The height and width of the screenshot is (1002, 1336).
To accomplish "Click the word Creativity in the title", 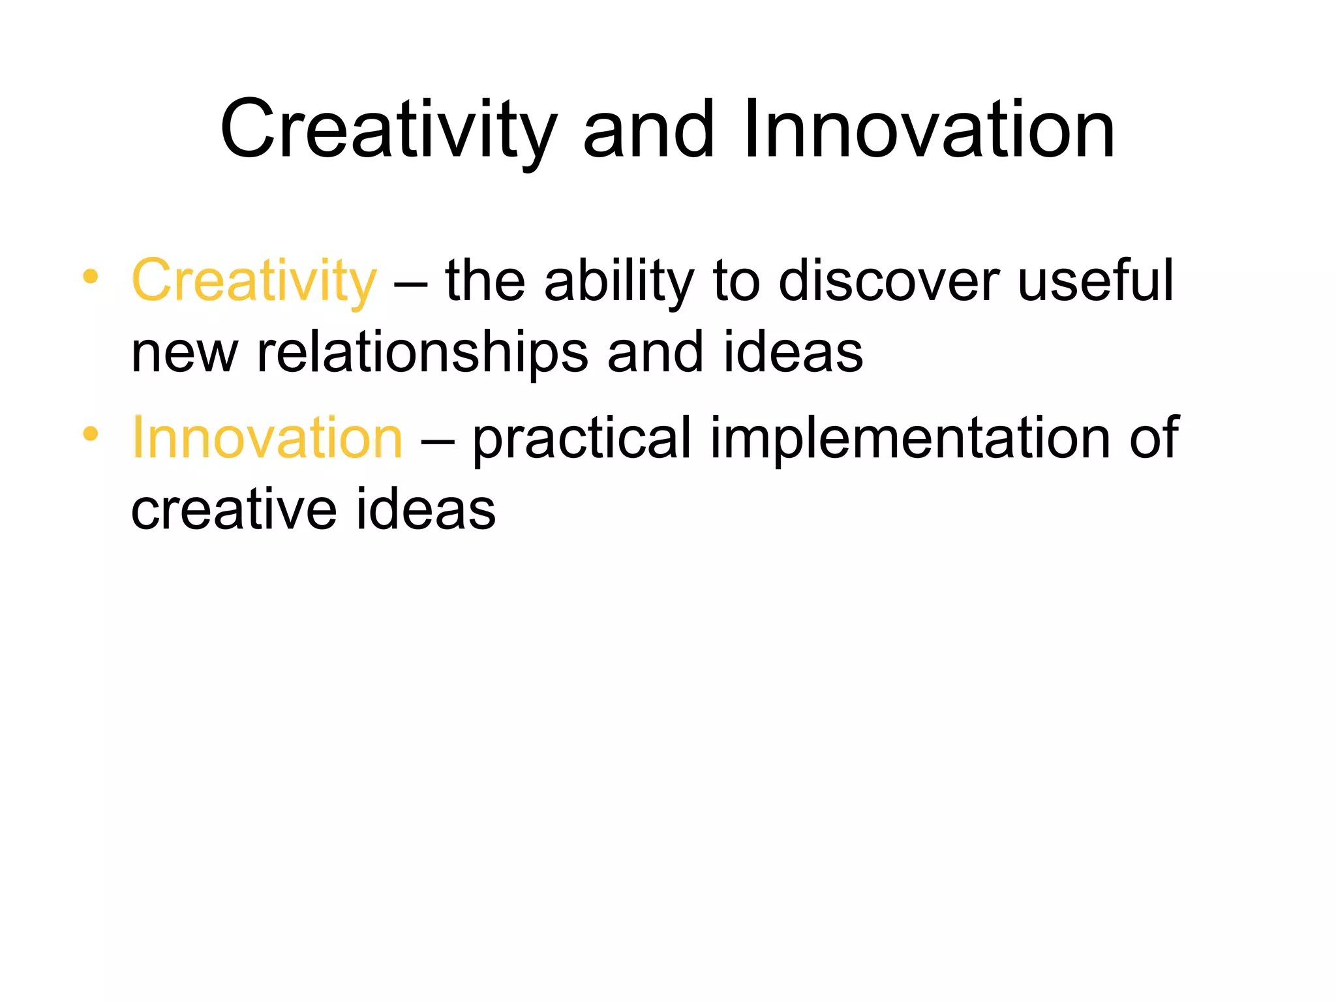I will point(389,130).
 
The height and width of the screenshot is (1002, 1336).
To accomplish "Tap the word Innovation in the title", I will point(929,130).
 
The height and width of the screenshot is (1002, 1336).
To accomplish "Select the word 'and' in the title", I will point(648,130).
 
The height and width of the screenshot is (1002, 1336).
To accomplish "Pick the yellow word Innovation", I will point(267,438).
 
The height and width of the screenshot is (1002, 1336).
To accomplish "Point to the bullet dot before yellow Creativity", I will point(91,277).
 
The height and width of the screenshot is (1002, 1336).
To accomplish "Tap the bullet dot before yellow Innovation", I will point(91,433).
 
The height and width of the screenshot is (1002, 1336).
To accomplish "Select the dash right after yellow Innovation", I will point(437,441).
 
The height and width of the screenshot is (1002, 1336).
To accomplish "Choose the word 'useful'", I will point(1095,281).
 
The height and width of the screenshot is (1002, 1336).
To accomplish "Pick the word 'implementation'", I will point(910,438).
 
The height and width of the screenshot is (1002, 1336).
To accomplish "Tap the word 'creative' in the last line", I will point(234,510).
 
